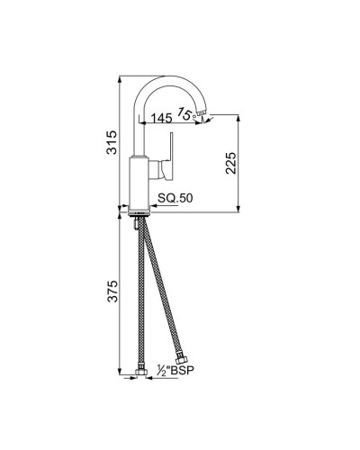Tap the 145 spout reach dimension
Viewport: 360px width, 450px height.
point(163,118)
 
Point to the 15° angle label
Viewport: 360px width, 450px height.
point(187,112)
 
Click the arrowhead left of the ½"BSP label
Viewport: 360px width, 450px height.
point(151,378)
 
